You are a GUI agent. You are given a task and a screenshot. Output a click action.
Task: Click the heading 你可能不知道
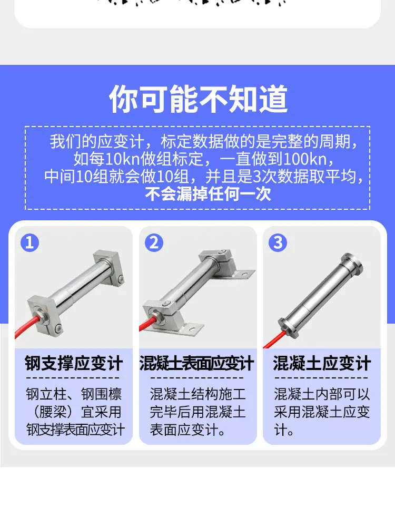pos(198,99)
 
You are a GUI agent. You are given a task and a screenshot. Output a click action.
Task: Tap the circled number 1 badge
pos(29,242)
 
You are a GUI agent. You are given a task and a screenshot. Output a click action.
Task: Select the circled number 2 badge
pos(154,242)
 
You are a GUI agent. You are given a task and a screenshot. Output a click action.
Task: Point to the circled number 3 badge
pos(278,242)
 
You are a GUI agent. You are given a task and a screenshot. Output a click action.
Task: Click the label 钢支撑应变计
pos(74,363)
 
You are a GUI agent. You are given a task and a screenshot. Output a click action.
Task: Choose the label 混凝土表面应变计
pos(196,363)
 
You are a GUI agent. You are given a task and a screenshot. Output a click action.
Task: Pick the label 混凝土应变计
pos(321,363)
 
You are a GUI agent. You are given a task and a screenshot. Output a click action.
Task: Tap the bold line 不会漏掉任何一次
pos(208,194)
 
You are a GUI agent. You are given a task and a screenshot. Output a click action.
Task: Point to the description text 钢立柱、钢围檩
pos(74,394)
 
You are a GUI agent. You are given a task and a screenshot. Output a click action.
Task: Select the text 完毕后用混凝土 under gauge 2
pos(197,412)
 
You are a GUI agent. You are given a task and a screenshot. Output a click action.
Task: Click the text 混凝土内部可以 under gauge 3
pos(322,394)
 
